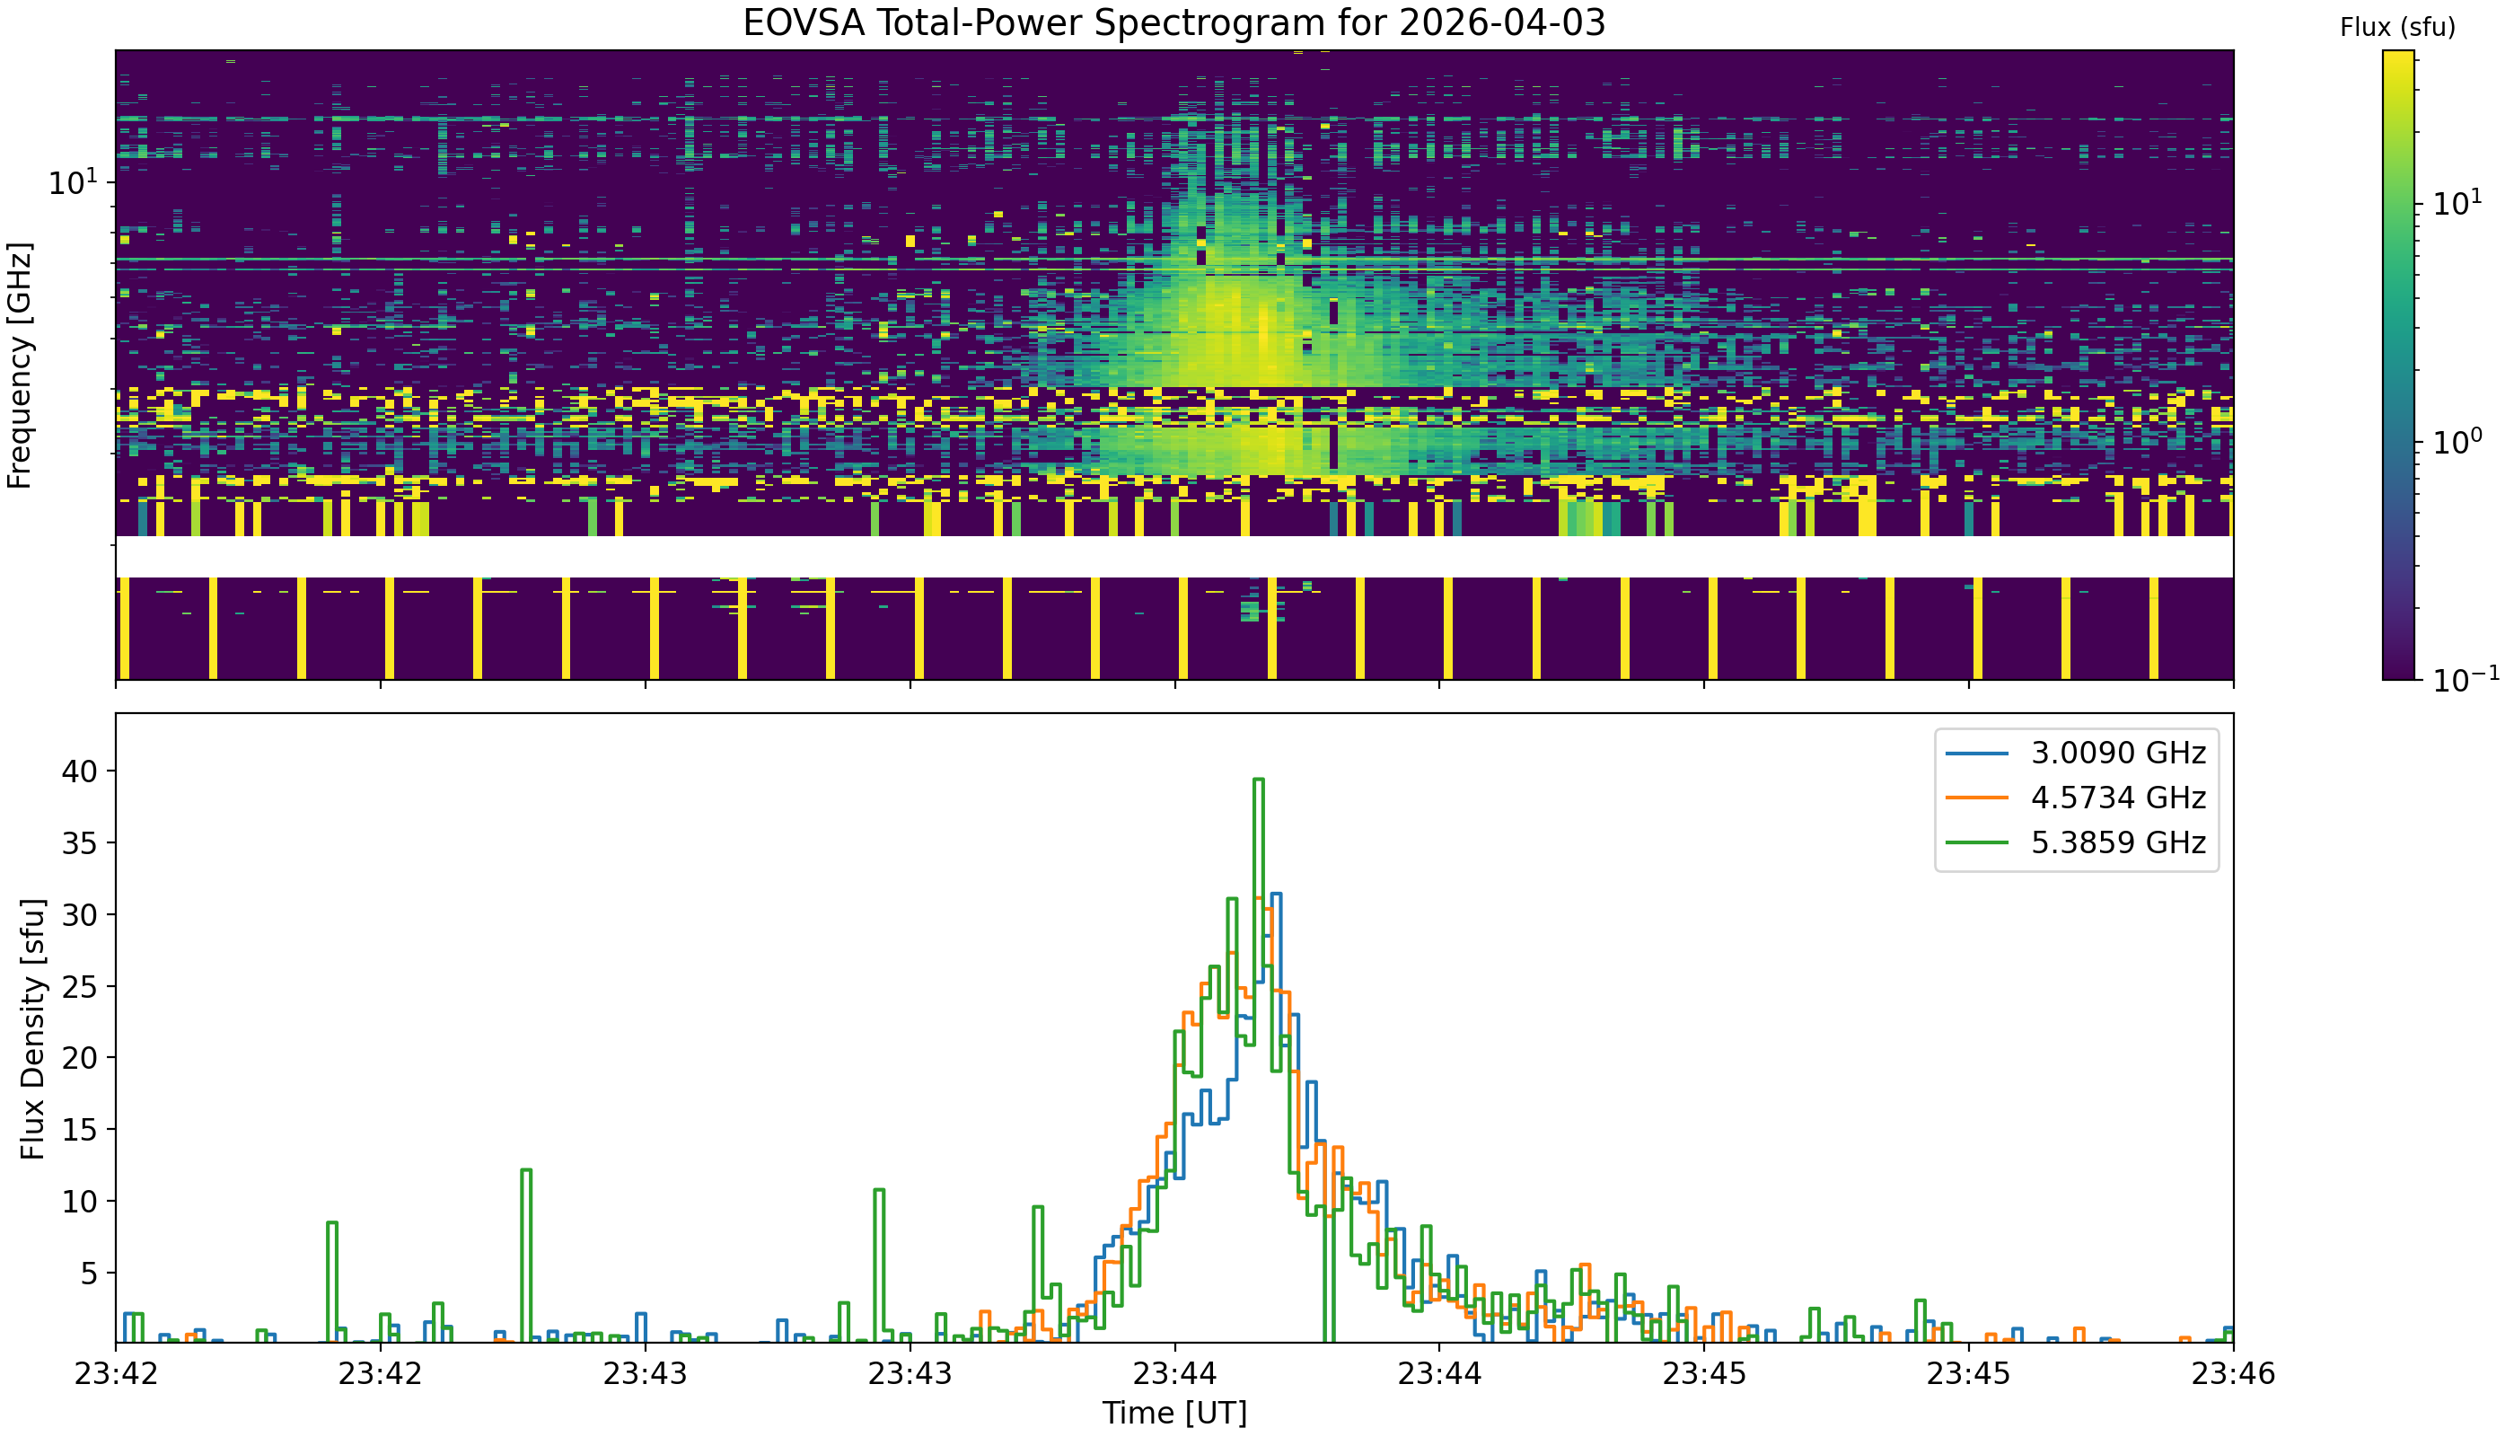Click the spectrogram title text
pos(1174,22)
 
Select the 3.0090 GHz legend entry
pos(2116,753)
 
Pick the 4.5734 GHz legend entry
pos(2116,798)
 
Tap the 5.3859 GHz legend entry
pos(2116,842)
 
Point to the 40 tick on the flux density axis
pos(81,771)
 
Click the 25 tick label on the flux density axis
pos(81,986)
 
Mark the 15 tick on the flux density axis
pos(81,1129)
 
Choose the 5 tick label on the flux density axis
pos(89,1274)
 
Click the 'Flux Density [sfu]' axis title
pos(32,1028)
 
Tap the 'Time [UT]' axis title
pos(1174,1414)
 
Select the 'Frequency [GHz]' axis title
pos(20,366)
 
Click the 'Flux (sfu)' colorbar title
pos(2396,28)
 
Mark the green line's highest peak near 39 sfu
pos(1258,780)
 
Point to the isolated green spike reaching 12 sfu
pos(526,1170)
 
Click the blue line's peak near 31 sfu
pos(1277,895)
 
